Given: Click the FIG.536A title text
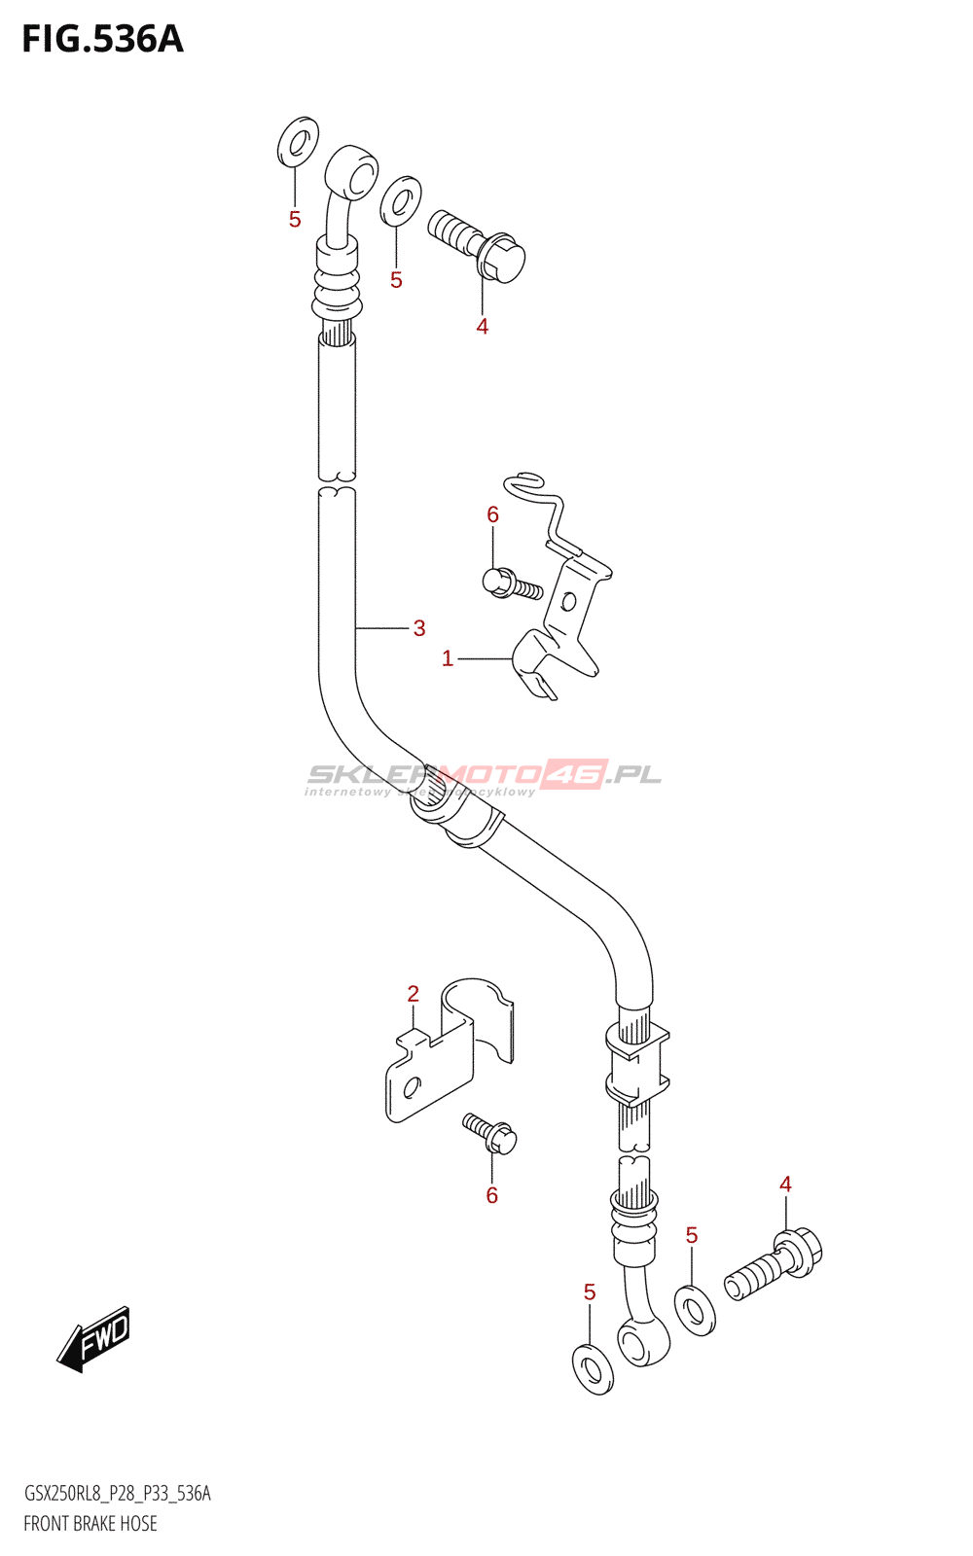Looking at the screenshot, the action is (x=102, y=40).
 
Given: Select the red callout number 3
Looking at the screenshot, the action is (x=419, y=628).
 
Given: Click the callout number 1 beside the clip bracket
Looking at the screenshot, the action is (x=448, y=659).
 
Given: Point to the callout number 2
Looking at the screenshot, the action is (x=414, y=994).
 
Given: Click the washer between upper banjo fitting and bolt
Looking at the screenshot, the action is (x=401, y=199).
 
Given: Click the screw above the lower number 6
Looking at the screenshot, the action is (x=490, y=1134).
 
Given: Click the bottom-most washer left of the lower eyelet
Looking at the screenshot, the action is (x=593, y=1369).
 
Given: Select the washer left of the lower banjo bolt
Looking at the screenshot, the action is (x=695, y=1310).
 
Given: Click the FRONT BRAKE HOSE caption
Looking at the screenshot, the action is (x=90, y=1523).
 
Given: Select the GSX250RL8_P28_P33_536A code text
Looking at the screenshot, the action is (x=117, y=1494).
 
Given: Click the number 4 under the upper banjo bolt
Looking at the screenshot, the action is (x=483, y=327).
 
